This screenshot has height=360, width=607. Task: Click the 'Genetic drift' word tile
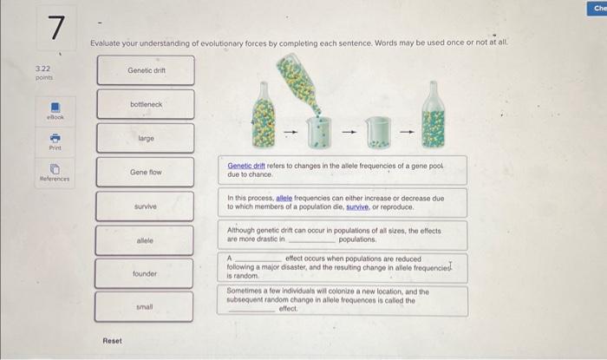click(x=146, y=70)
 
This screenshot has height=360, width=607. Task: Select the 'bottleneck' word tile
click(x=146, y=104)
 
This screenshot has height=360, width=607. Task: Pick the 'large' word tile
click(x=146, y=138)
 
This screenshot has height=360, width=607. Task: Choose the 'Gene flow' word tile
click(x=146, y=172)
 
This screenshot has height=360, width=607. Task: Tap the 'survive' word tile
click(x=146, y=206)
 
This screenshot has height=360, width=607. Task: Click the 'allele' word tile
click(x=146, y=239)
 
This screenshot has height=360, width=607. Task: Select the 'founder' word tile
click(x=146, y=273)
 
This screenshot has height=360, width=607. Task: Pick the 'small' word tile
click(x=146, y=307)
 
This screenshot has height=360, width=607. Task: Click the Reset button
click(x=113, y=340)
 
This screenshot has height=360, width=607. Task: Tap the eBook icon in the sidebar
click(x=54, y=108)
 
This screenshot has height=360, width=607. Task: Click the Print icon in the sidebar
click(x=54, y=138)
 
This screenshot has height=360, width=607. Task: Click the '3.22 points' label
click(x=44, y=71)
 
